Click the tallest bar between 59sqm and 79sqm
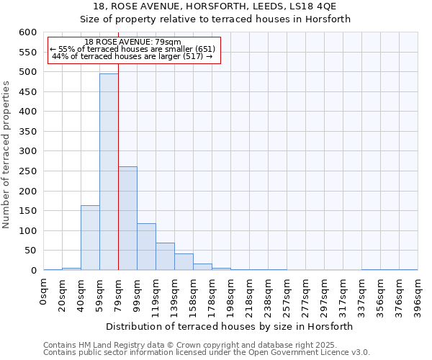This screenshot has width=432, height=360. point(109,173)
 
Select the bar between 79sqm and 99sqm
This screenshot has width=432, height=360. point(127,219)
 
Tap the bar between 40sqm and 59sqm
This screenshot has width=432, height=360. point(90,238)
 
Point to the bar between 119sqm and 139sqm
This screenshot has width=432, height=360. point(165,257)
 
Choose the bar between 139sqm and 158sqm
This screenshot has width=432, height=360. point(184,262)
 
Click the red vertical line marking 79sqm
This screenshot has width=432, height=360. point(118,144)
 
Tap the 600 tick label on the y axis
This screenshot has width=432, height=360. point(27,32)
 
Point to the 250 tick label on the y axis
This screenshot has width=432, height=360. point(27,171)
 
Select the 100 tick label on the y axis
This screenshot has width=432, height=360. point(27,231)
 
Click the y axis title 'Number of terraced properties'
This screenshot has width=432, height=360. point(6,154)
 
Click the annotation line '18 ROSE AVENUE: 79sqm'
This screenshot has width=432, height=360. point(132,42)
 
